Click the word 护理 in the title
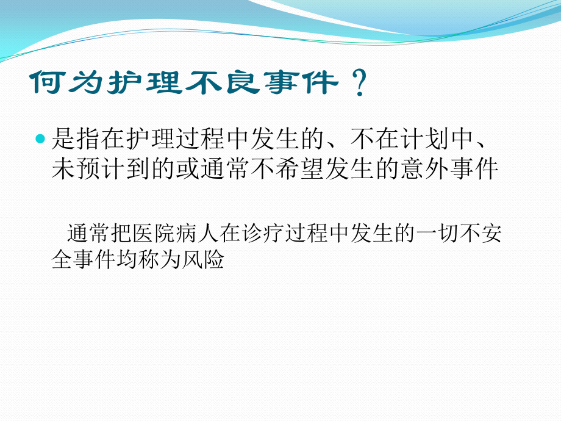click(144, 82)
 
